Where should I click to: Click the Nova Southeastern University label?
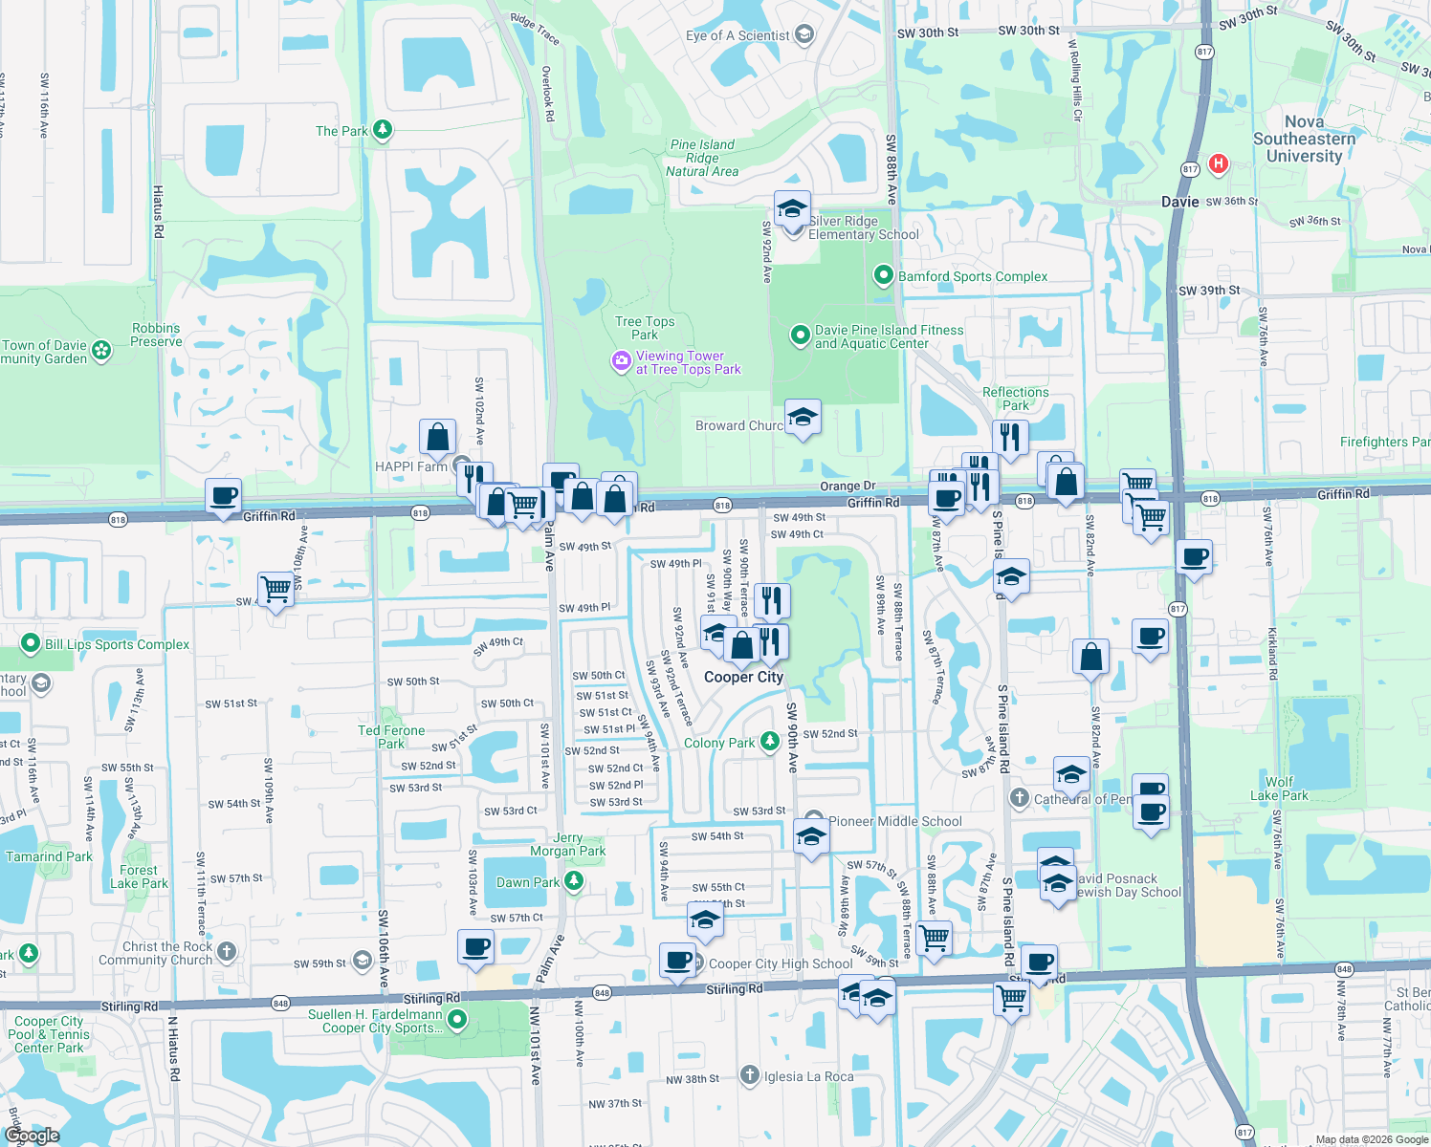click(1304, 139)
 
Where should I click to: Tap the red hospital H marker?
click(1218, 163)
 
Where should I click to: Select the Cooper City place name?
click(743, 677)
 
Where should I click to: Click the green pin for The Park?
click(383, 129)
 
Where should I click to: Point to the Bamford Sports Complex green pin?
click(884, 275)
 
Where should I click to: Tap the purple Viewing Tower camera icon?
click(622, 361)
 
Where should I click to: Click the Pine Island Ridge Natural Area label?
click(702, 158)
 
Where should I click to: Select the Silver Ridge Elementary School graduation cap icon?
click(792, 209)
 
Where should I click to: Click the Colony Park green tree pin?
click(770, 742)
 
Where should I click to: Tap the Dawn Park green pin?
click(574, 881)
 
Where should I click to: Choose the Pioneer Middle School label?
click(895, 821)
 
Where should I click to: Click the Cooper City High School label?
click(781, 963)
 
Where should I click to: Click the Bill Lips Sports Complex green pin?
click(31, 644)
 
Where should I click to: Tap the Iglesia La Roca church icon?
click(750, 1076)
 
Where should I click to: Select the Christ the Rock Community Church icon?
click(227, 951)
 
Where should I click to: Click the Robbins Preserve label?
click(156, 335)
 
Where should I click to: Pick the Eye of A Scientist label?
click(738, 35)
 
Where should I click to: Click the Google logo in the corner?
click(33, 1136)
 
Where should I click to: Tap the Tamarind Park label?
click(49, 856)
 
